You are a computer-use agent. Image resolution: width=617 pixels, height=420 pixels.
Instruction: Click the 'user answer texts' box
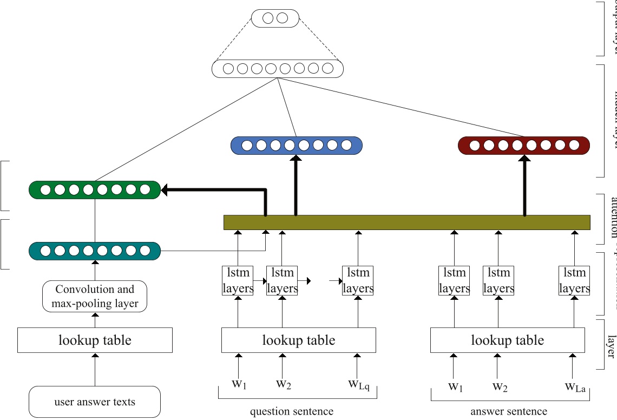point(95,402)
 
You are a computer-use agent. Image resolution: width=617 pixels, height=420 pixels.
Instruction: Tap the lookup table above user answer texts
point(95,340)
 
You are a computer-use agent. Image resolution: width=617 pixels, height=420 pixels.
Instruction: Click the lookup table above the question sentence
point(298,340)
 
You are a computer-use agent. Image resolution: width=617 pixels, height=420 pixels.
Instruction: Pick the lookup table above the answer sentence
point(507,340)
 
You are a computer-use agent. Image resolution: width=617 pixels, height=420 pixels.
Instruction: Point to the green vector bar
point(95,189)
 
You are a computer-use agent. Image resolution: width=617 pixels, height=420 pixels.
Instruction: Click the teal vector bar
point(95,251)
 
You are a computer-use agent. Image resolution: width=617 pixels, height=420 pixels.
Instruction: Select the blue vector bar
point(296,145)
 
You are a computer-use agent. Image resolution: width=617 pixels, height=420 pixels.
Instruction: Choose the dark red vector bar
point(523,145)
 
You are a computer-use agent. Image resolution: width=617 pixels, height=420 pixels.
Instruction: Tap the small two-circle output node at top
point(275,18)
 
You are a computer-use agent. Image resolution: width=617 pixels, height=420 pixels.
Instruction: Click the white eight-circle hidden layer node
point(277,69)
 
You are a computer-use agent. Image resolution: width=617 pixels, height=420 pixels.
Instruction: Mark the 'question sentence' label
point(292,412)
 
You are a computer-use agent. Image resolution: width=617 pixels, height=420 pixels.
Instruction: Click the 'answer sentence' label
point(509,412)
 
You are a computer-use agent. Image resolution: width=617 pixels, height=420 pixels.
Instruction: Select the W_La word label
point(575,386)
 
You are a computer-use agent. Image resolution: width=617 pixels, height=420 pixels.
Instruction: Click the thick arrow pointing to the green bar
point(216,189)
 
